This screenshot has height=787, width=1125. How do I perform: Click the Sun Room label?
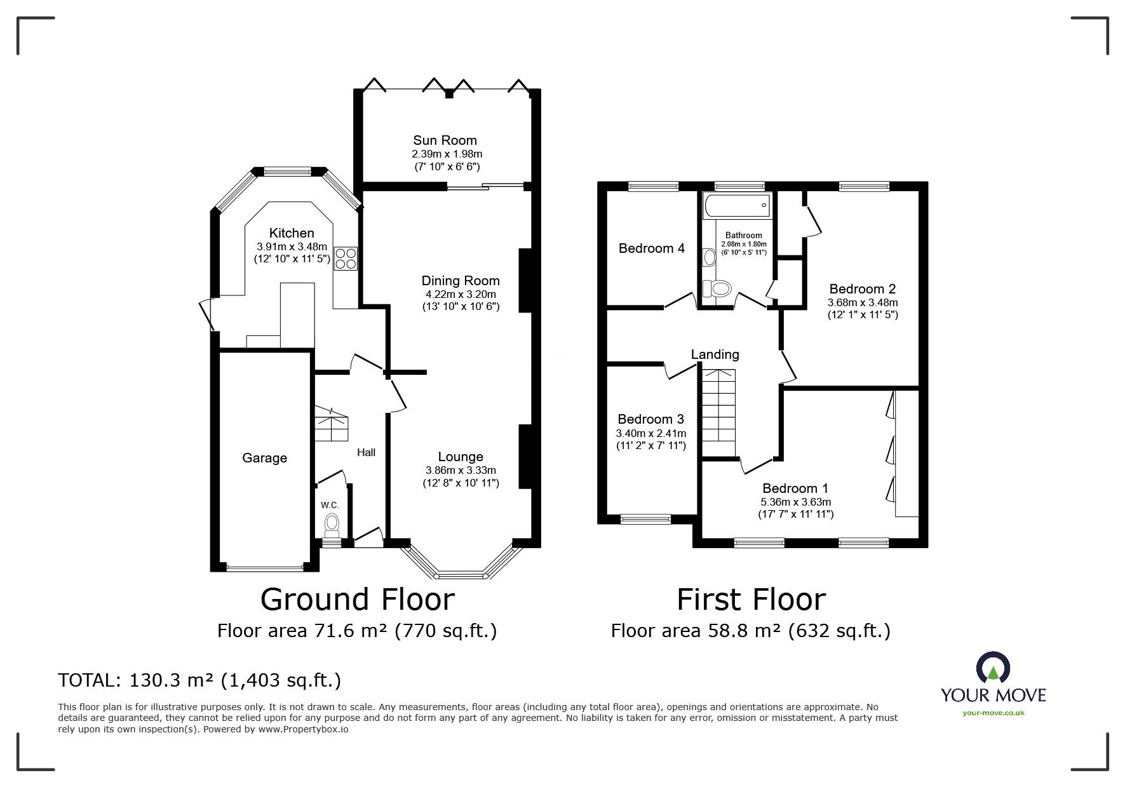point(445,140)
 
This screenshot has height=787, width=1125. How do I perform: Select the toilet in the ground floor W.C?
point(332,525)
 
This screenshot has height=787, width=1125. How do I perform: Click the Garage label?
point(264,458)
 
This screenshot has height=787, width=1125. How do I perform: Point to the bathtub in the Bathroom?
point(737,206)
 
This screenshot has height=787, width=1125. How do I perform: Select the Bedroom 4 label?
point(651,248)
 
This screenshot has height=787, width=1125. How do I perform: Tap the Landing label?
point(715,354)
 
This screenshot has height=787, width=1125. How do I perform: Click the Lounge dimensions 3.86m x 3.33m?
point(461,471)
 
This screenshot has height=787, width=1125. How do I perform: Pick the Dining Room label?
point(461,281)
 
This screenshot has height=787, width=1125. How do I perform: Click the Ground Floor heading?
point(358,600)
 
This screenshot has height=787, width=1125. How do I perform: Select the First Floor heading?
point(751,600)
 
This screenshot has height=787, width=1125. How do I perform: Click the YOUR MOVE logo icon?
point(993,668)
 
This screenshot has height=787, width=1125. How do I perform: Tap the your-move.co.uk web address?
point(993,713)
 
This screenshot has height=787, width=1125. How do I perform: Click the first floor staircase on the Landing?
point(718,413)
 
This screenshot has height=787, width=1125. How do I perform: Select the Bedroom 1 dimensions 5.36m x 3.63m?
point(795,502)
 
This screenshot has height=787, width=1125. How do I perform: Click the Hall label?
point(366,452)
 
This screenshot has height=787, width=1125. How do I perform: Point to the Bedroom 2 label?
point(856,289)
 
